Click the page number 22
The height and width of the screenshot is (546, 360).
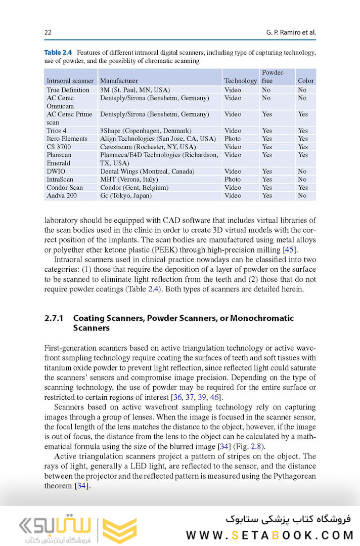(x=48, y=33)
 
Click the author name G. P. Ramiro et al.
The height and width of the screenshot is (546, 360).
(x=291, y=33)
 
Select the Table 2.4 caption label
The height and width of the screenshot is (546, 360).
(x=58, y=52)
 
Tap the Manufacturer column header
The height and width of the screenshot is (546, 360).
(x=119, y=81)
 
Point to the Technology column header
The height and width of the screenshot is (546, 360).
(x=241, y=81)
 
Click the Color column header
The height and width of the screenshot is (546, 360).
(x=306, y=81)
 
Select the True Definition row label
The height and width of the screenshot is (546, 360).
(x=68, y=90)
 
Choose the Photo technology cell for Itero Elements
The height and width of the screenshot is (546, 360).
(x=233, y=139)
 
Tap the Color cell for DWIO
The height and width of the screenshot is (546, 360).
(x=302, y=172)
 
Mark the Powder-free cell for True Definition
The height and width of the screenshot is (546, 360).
(x=266, y=90)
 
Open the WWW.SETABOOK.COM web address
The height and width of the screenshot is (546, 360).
(x=269, y=535)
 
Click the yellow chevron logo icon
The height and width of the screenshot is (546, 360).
(x=119, y=530)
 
